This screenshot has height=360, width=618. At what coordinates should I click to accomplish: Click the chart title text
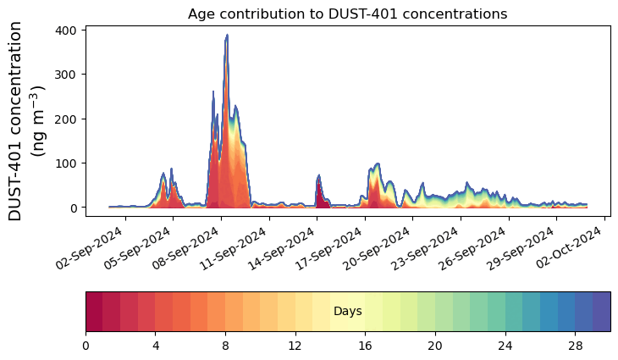click(347, 14)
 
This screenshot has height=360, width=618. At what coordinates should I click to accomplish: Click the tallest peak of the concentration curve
click(227, 36)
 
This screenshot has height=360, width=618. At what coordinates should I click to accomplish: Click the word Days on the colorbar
click(348, 312)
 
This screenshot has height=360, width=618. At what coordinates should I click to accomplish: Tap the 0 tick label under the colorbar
click(86, 346)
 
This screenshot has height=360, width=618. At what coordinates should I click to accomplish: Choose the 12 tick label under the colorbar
click(295, 346)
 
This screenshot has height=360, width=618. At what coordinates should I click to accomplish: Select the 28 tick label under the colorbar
click(575, 346)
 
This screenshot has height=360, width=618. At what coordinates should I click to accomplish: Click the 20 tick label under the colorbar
click(435, 346)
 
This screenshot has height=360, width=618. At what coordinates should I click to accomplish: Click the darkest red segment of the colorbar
click(94, 312)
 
